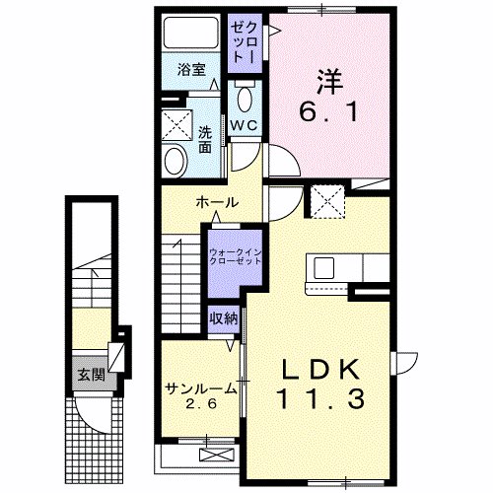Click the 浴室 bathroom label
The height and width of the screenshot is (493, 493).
pyautogui.click(x=190, y=71)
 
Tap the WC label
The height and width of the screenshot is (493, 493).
pyautogui.click(x=244, y=125)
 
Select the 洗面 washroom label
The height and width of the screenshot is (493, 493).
pyautogui.click(x=204, y=140)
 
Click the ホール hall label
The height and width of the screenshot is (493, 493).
pyautogui.click(x=217, y=202)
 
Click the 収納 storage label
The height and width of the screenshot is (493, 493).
pyautogui.click(x=223, y=318)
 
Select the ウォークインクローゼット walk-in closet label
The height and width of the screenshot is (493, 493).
pyautogui.click(x=235, y=258)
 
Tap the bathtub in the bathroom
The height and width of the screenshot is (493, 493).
pyautogui.click(x=191, y=35)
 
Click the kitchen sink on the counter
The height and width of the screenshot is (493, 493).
pyautogui.click(x=325, y=268)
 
